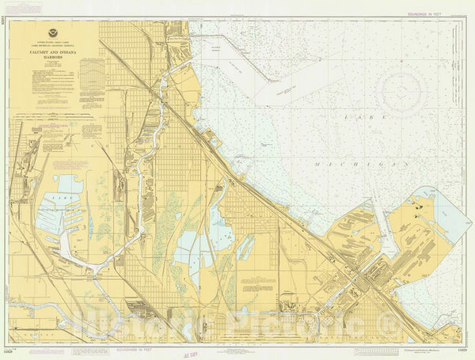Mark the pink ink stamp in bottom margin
tap(189, 353)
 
